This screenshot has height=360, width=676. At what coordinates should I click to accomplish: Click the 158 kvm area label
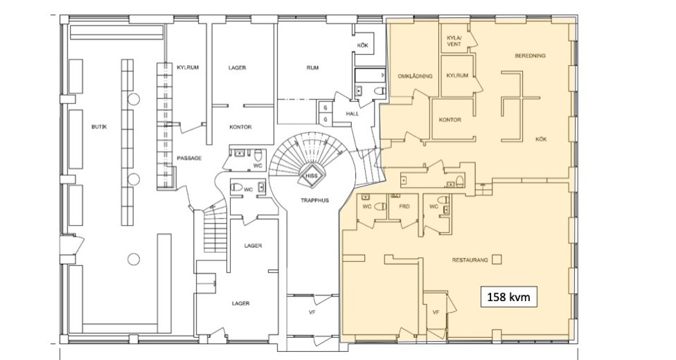tap(508, 296)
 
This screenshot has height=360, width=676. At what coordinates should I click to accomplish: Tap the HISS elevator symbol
tap(311, 175)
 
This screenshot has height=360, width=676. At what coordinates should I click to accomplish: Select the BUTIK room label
tap(99, 127)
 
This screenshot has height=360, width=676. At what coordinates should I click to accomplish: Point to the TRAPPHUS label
tap(314, 200)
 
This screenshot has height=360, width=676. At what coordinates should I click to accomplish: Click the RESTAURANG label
tap(470, 260)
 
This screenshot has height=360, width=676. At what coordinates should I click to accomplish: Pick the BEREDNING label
tap(531, 55)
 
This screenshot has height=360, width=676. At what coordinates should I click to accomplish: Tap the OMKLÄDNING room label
tap(415, 76)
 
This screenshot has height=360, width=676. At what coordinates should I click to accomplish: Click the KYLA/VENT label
tap(454, 41)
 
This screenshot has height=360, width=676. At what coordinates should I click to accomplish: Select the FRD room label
tap(404, 206)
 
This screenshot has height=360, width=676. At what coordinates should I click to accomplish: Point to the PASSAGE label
tap(189, 159)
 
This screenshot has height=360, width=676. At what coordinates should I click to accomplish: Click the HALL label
tap(352, 114)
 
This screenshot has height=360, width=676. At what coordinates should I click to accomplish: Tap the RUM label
tap(312, 68)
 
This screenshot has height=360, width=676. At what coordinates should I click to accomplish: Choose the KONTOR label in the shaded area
tap(450, 120)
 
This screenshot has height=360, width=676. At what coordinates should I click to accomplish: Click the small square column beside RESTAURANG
tap(497, 259)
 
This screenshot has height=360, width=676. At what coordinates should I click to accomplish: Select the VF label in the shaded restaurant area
tap(436, 312)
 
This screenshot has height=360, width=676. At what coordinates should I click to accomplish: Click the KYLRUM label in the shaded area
tap(457, 75)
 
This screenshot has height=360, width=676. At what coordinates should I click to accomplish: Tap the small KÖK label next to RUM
tap(362, 45)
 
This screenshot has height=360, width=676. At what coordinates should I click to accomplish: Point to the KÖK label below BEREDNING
tap(541, 139)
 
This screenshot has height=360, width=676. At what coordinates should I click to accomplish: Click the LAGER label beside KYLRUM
tap(237, 68)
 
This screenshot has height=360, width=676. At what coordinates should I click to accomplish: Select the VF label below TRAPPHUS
tap(312, 312)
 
